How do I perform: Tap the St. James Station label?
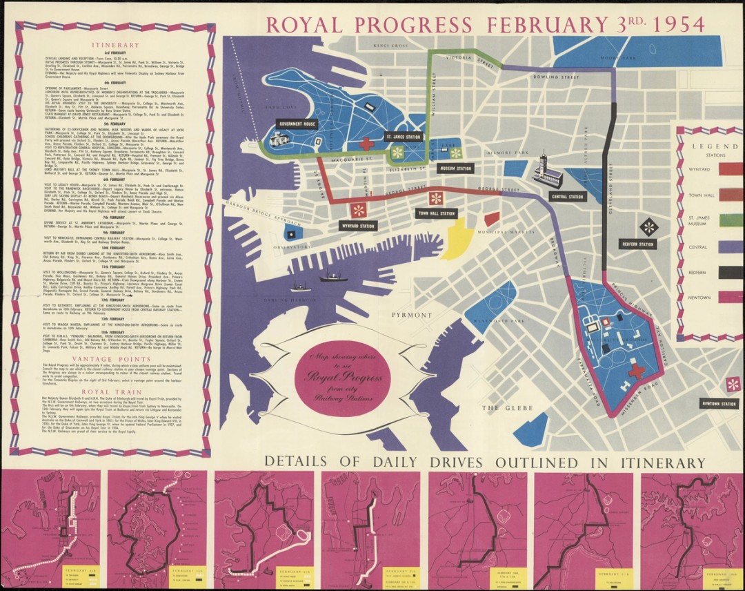pos(402,137)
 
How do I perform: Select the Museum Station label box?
pos(455,168)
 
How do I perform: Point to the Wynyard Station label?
pos(358,225)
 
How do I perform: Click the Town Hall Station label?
pos(437,214)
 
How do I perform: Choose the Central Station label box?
pos(567,197)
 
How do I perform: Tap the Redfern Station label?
pos(637,244)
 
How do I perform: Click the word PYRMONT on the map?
pos(411,315)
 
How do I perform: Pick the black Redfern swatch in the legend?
pos(731,273)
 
